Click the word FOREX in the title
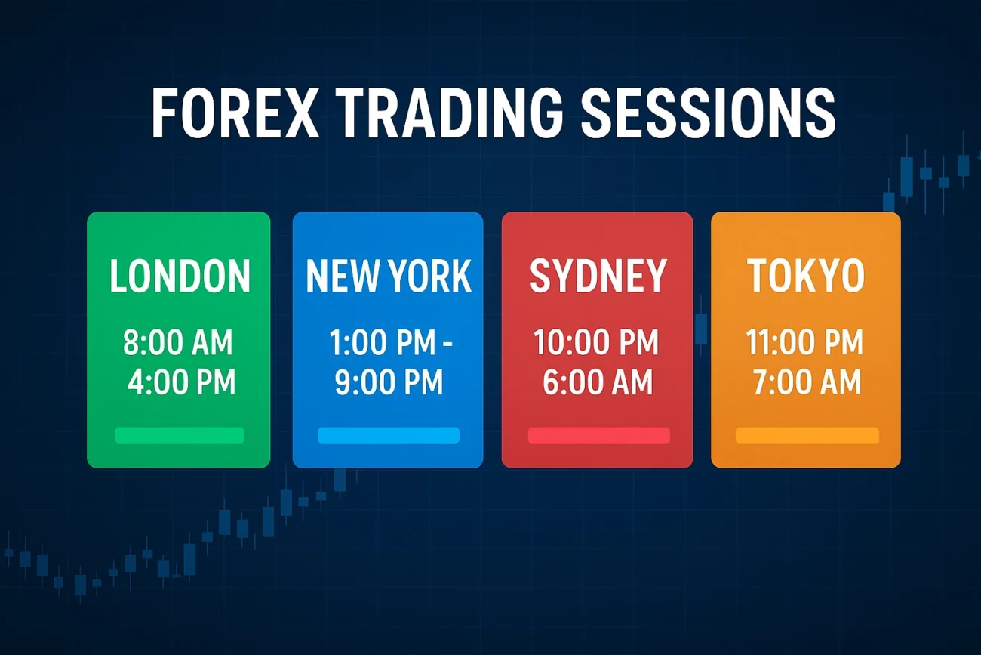coord(235,113)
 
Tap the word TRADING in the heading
coord(451,113)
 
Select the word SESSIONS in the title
coord(709,113)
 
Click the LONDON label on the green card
coord(180,276)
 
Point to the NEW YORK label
coord(389,276)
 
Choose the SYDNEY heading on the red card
coord(598,276)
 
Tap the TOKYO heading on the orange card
coord(806,276)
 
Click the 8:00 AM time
coord(178,342)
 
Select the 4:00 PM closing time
coord(181,382)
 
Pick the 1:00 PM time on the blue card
coord(383,342)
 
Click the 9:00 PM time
coord(389,382)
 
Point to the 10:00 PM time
coord(596,342)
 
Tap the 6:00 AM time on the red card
coord(598,382)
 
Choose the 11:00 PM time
coord(804,342)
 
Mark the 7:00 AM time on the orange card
coord(807,382)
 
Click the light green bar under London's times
coord(179,435)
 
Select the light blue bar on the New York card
coord(389,435)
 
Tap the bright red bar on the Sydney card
coord(598,435)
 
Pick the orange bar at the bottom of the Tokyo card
coord(807,435)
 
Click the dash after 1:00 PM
coord(447,344)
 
